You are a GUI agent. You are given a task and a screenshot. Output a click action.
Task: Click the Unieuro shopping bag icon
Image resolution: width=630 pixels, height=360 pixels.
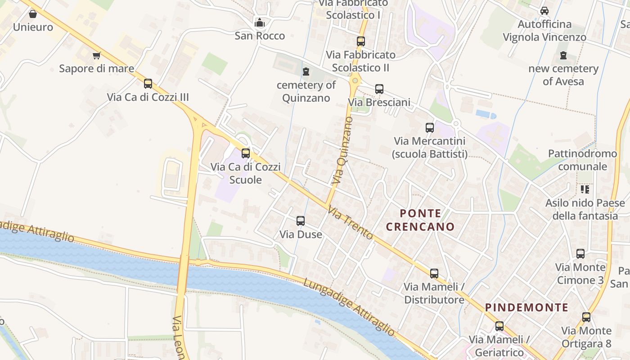click(33, 14)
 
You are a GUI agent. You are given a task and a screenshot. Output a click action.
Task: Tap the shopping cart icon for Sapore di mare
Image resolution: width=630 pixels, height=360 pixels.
click(96, 55)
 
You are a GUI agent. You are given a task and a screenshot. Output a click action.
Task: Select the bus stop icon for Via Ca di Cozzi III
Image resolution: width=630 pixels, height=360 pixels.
click(148, 84)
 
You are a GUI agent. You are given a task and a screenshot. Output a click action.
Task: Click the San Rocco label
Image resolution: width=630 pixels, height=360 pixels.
click(260, 36)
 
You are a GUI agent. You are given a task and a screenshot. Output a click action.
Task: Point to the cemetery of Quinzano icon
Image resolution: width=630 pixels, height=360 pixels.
click(306, 72)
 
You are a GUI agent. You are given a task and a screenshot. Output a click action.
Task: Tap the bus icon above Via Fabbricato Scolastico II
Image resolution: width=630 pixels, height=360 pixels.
click(361, 41)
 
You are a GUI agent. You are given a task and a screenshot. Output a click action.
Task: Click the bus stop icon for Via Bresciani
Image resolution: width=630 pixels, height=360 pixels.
click(379, 89)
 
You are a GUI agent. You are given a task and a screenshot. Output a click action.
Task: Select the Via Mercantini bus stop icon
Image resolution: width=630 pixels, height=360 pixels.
click(430, 128)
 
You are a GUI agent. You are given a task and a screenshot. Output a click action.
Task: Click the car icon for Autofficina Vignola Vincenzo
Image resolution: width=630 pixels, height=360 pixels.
click(544, 11)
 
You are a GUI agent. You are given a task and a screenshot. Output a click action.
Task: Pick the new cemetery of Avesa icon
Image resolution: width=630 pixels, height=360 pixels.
click(563, 55)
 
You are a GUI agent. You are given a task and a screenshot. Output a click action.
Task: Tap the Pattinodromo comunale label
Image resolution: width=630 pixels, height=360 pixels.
click(582, 160)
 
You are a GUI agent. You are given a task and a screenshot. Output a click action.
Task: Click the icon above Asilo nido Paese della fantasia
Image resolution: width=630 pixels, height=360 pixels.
click(585, 189)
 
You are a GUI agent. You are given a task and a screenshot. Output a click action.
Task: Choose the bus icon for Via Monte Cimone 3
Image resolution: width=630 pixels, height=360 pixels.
click(580, 254)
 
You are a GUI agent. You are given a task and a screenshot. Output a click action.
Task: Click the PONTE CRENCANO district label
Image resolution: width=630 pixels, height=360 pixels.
click(420, 220)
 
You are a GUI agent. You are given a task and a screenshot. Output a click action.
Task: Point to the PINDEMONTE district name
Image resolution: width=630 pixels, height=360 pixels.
click(526, 308)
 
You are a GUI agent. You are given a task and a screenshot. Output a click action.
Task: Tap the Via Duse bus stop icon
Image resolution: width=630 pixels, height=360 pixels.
click(301, 221)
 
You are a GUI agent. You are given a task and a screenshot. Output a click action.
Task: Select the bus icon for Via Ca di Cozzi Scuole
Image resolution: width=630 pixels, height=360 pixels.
click(246, 153)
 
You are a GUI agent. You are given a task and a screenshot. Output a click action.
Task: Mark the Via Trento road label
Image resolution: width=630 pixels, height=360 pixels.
click(350, 222)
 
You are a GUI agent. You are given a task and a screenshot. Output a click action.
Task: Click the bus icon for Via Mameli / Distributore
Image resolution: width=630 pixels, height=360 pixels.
click(434, 273)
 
